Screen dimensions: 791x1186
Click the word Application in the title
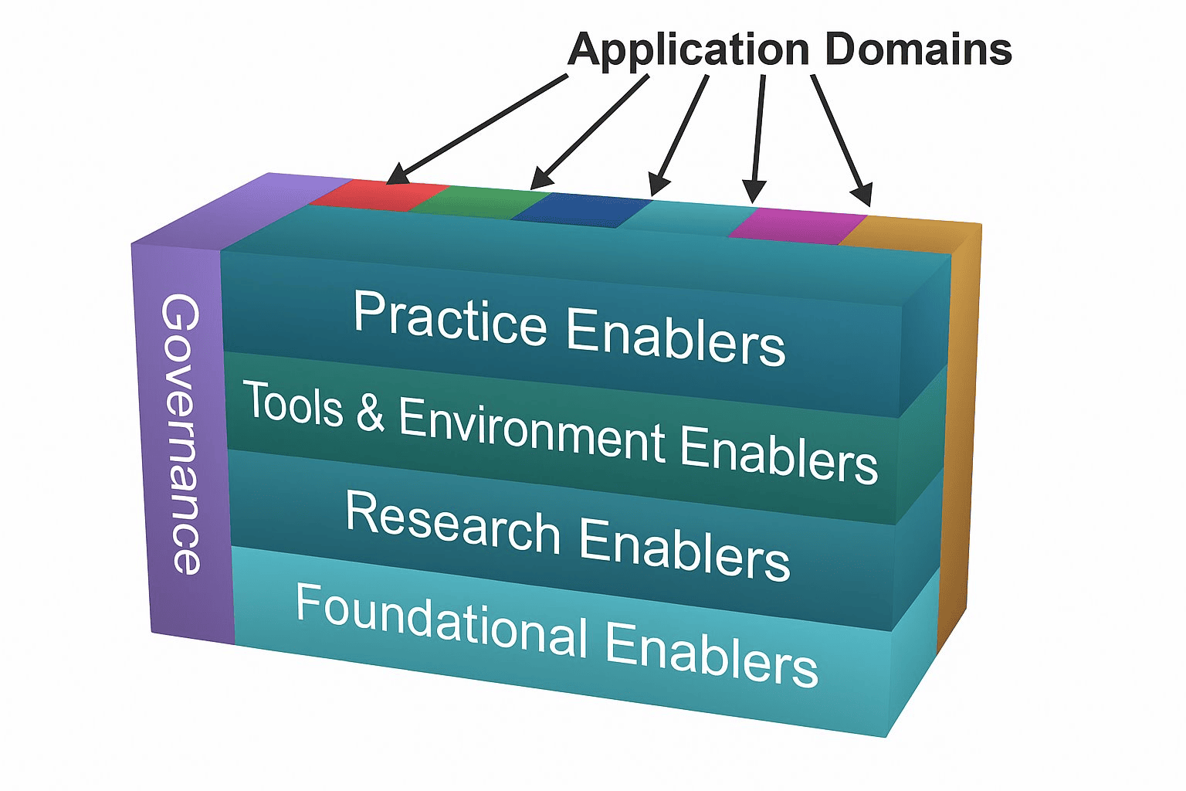tap(688, 51)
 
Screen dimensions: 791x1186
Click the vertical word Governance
tap(182, 433)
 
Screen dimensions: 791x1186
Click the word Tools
tap(293, 404)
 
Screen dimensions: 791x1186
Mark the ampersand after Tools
tap(371, 412)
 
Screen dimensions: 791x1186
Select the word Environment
tap(532, 433)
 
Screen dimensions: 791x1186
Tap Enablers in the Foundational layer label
tap(711, 654)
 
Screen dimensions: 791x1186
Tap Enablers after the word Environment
tap(779, 455)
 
